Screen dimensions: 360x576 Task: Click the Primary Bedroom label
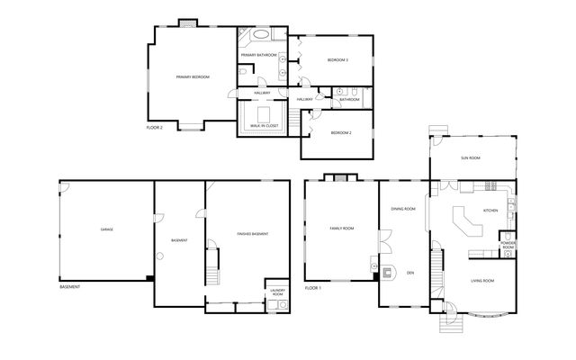click(x=193, y=77)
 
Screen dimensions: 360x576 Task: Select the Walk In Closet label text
click(x=265, y=126)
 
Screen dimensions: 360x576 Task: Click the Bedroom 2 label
click(x=340, y=132)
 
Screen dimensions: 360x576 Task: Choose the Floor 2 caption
click(x=154, y=128)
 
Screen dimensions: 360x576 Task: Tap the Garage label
click(x=106, y=229)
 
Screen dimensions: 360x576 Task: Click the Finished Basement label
click(x=253, y=234)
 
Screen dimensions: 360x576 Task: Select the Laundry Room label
click(x=277, y=292)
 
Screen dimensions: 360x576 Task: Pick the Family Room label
click(x=342, y=229)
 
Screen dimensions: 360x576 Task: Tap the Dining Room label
click(x=402, y=209)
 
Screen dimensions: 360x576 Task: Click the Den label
click(x=409, y=272)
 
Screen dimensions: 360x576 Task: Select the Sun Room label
click(x=470, y=157)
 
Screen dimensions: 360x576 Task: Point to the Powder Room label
click(x=507, y=244)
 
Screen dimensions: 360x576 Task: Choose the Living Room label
click(x=482, y=282)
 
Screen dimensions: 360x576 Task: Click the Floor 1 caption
click(x=312, y=287)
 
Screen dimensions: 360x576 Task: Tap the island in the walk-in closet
click(x=265, y=114)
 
